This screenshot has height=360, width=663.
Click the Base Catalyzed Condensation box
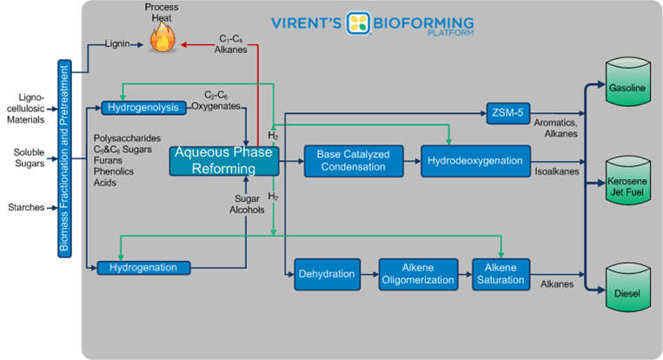coord(354,161)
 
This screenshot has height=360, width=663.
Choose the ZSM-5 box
coord(509,112)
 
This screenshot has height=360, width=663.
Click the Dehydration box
coord(327,274)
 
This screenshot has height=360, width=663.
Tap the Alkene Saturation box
coord(500,274)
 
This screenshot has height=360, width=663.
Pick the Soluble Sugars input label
coord(29,158)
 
